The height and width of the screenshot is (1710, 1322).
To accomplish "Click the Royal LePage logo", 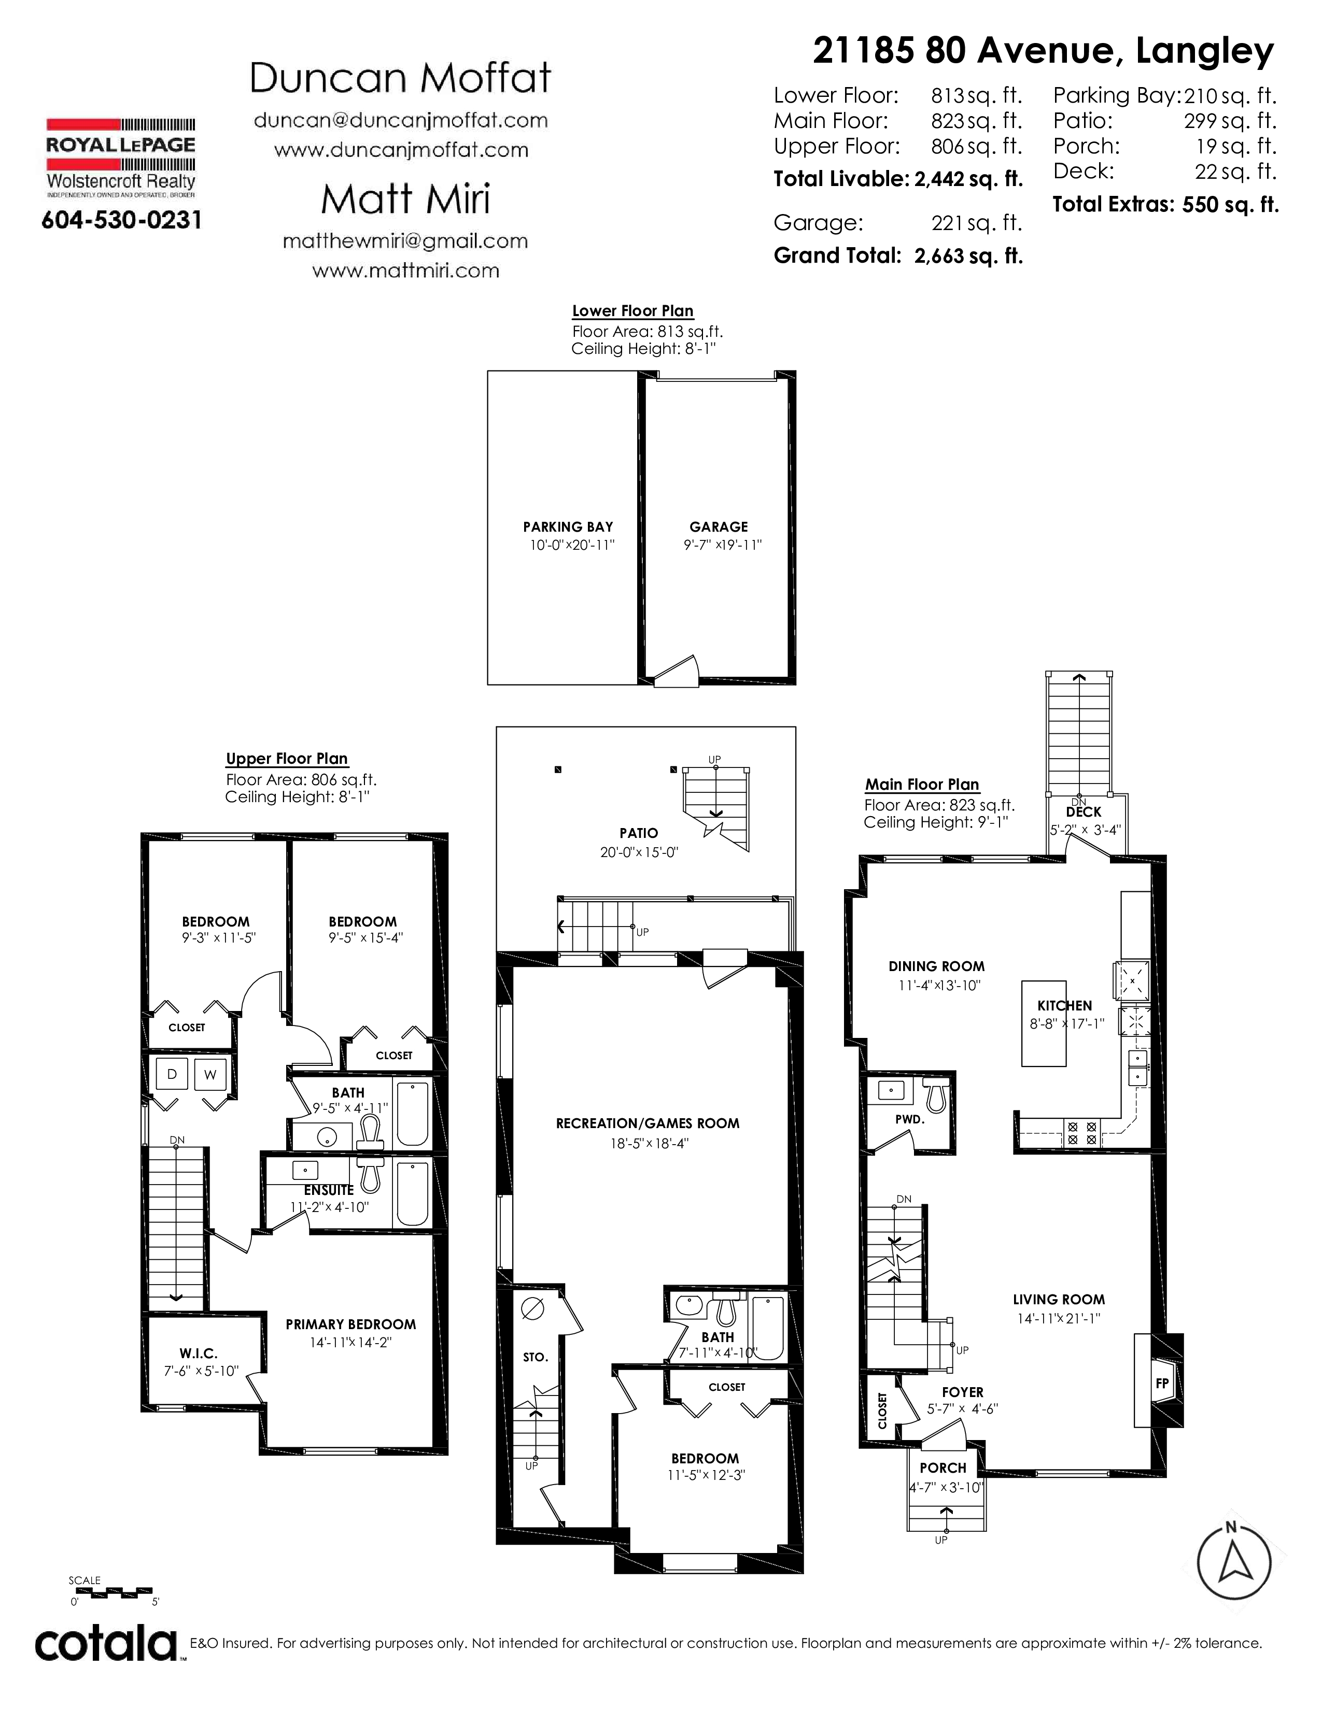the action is click(121, 156).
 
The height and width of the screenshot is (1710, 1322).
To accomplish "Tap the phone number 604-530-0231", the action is click(121, 220).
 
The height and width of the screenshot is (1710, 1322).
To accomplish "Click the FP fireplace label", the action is click(1162, 1384).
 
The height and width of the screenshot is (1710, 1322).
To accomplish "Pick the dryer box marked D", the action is click(172, 1074).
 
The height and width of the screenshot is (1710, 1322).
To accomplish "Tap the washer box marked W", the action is click(210, 1074).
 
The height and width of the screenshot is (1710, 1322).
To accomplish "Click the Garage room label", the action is click(718, 527).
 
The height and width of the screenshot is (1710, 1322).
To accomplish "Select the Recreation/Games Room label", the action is click(648, 1123).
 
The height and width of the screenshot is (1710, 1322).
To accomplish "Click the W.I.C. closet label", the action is click(198, 1353).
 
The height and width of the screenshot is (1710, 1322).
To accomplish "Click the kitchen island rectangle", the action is click(1043, 1023).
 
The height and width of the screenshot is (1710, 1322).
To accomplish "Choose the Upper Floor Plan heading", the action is click(287, 759).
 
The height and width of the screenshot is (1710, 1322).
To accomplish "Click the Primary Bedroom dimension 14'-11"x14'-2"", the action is click(350, 1342).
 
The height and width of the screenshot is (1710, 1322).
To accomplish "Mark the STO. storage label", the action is click(536, 1357).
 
